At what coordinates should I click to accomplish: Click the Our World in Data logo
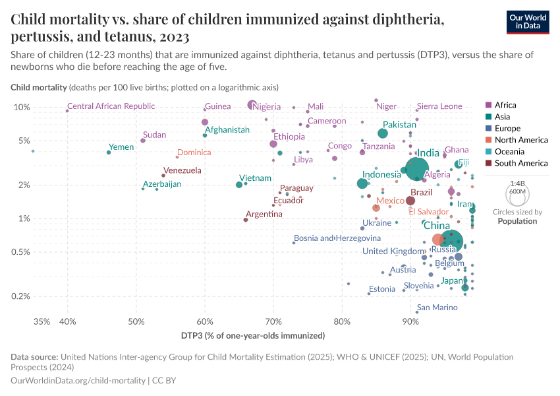tap(528, 22)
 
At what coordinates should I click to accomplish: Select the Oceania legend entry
tap(513, 151)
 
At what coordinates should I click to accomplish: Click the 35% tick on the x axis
tap(41, 321)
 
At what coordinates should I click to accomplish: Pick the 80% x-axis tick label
tap(341, 321)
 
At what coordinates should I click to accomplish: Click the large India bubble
tap(417, 170)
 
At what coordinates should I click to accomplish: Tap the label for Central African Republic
tap(111, 106)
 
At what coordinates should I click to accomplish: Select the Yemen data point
tap(109, 152)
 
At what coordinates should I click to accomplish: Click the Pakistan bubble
tap(383, 133)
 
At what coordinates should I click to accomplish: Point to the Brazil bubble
tap(410, 201)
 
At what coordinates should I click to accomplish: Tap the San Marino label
tap(437, 308)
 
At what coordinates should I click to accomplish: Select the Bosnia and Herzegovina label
tap(337, 238)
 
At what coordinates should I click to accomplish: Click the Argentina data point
tap(246, 220)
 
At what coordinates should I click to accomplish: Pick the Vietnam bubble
tap(239, 185)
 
